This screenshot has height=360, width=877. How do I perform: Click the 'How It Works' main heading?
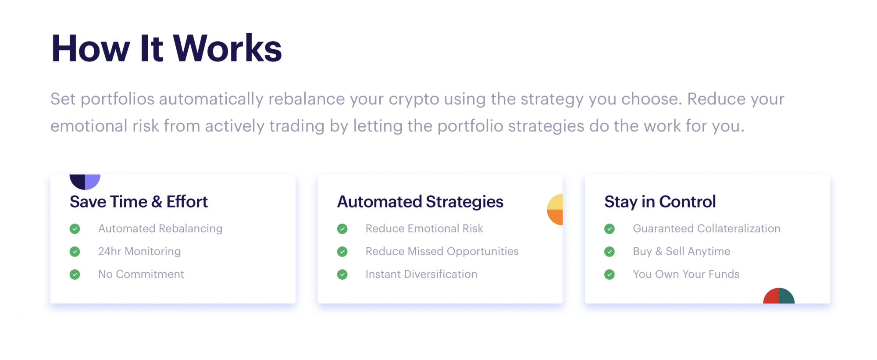(x=166, y=48)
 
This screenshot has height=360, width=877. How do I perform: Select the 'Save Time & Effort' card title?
(x=139, y=202)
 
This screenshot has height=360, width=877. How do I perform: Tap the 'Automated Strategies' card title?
(x=420, y=202)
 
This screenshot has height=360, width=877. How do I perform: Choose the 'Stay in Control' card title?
(x=660, y=202)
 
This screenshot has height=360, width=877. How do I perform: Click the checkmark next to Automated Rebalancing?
(x=75, y=229)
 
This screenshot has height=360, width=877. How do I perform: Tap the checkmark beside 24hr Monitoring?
(x=75, y=252)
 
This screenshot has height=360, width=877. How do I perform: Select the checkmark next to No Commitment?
(x=75, y=274)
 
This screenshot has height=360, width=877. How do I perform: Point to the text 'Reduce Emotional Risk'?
(x=424, y=228)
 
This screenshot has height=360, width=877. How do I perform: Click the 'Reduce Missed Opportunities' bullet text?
(x=442, y=251)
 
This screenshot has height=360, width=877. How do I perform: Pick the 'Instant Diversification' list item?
(x=421, y=274)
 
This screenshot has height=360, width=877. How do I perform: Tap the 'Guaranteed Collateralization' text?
(x=706, y=228)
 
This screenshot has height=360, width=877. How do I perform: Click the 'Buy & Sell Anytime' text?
(x=681, y=251)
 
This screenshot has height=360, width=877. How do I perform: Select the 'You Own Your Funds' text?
(x=686, y=274)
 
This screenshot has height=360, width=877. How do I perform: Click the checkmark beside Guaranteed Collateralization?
(x=610, y=229)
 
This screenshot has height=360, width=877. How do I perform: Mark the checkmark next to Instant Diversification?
(x=342, y=274)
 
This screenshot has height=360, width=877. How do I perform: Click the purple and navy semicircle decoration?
(x=85, y=181)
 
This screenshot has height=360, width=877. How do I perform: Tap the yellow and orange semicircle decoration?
(x=556, y=210)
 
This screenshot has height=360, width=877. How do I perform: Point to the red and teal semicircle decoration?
(x=779, y=296)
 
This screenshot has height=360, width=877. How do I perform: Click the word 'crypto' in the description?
(x=414, y=100)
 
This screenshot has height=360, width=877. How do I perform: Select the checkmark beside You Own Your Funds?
(x=610, y=274)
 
